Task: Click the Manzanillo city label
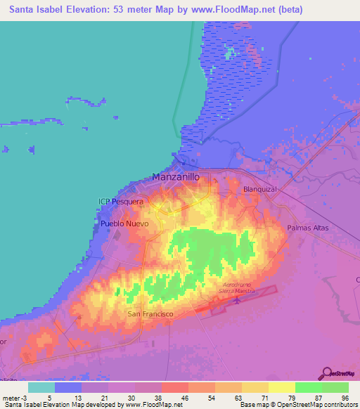[x=181, y=178]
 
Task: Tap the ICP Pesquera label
[x=120, y=202]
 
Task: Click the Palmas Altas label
[x=309, y=228]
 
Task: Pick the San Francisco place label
[x=150, y=314]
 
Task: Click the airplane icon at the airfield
[x=237, y=301]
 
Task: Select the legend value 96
[x=344, y=397]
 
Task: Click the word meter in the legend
[x=9, y=397]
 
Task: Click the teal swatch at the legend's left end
[x=41, y=387]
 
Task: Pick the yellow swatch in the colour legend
[x=282, y=387]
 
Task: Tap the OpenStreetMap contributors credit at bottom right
[x=316, y=405]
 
